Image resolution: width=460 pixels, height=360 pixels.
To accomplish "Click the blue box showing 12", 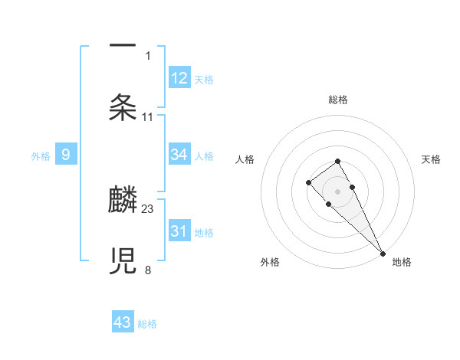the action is pyautogui.click(x=179, y=77).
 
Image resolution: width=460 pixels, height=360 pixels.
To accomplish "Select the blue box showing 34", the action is pyautogui.click(x=179, y=154).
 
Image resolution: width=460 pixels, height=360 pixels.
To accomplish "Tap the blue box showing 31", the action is pyautogui.click(x=179, y=231).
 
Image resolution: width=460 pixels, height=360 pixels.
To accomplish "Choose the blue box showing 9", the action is pyautogui.click(x=66, y=155).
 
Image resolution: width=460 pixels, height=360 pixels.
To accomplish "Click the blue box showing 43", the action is pyautogui.click(x=123, y=322).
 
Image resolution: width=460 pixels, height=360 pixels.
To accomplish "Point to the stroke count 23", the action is pyautogui.click(x=148, y=208).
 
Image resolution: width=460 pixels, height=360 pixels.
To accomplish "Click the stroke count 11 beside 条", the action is pyautogui.click(x=148, y=116).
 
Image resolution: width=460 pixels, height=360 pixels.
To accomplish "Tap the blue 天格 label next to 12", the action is pyautogui.click(x=204, y=79).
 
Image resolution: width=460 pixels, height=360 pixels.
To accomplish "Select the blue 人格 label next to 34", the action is pyautogui.click(x=204, y=155).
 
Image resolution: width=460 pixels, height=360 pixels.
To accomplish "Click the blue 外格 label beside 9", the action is pyautogui.click(x=41, y=155).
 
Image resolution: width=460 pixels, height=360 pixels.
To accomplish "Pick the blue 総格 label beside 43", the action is pyautogui.click(x=147, y=324).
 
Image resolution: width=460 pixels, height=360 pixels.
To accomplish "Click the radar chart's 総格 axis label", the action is pyautogui.click(x=338, y=100).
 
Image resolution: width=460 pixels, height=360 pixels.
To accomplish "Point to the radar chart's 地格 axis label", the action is pyautogui.click(x=402, y=262).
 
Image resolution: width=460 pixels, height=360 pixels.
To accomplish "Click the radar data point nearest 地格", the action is pyautogui.click(x=383, y=253).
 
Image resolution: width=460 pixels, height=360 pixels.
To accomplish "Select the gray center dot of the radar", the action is pyautogui.click(x=338, y=191).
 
